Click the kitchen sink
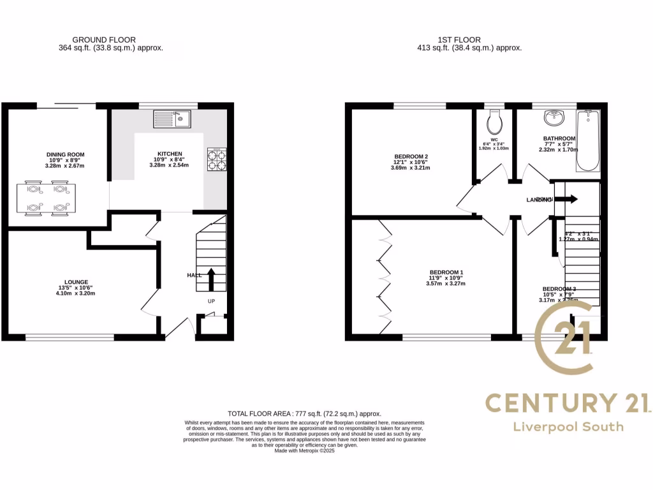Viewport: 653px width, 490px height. pos(172,118)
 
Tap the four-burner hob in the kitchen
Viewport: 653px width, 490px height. pos(217,159)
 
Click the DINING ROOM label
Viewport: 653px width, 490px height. pos(65,154)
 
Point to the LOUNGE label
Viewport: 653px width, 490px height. pos(76,282)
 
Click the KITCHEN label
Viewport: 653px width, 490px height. pos(170,154)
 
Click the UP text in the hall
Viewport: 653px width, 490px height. pos(211,301)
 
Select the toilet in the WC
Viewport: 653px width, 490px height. pos(494,121)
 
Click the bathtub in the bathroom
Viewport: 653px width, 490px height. pos(588,140)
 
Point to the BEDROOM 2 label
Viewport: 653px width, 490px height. pos(411,157)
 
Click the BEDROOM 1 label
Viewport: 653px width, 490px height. pos(446,272)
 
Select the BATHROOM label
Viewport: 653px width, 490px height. pos(559,138)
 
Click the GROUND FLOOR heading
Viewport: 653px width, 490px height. pos(104,40)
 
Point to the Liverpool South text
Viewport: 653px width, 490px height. pos(568,427)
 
